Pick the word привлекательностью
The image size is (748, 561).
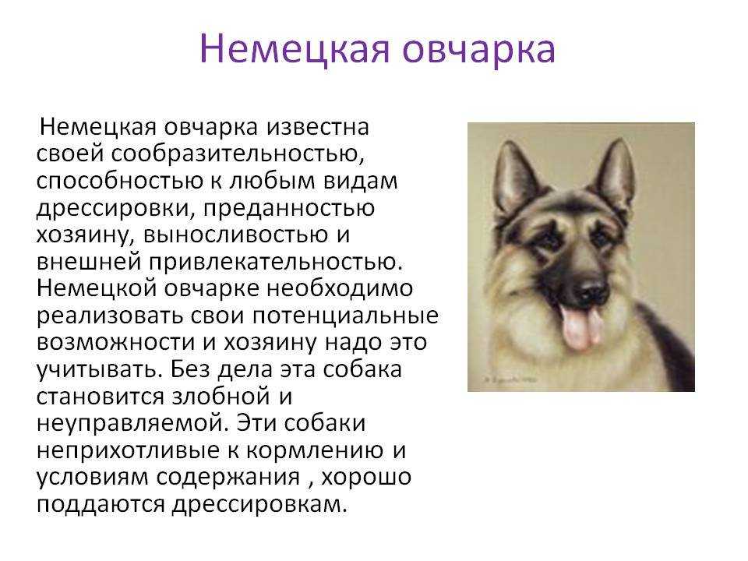point(276,263)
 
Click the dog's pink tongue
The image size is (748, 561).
point(580,326)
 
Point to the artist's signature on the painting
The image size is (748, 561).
point(509,379)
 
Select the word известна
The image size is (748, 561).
point(318,127)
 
